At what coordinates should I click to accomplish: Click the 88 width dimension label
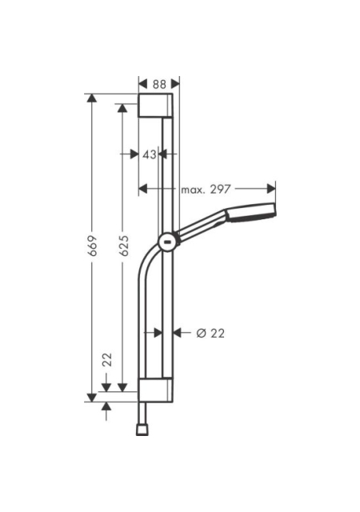(x=159, y=84)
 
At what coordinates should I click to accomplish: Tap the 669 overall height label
(x=93, y=246)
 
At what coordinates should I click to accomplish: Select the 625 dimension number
(x=123, y=246)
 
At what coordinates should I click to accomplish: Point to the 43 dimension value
(x=150, y=154)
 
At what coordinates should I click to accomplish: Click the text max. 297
(x=206, y=189)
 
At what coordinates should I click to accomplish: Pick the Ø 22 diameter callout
(x=210, y=334)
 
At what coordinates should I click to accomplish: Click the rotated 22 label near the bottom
(x=107, y=359)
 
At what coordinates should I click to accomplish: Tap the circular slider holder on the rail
(x=169, y=242)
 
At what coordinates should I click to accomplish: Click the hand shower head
(x=251, y=212)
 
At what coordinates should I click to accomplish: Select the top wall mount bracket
(x=155, y=105)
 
